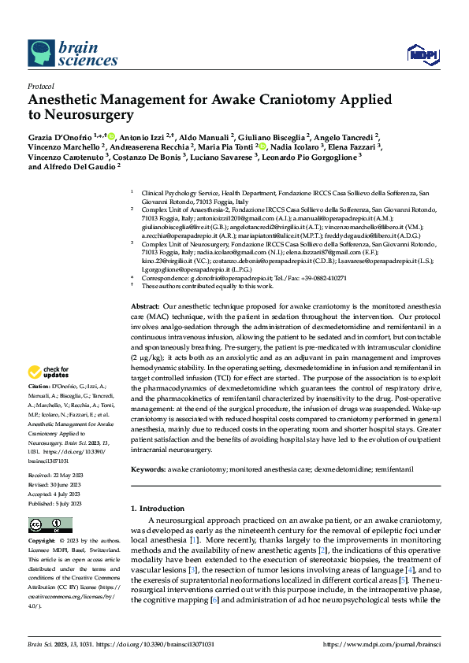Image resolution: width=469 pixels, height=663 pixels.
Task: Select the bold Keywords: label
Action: coord(148,470)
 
